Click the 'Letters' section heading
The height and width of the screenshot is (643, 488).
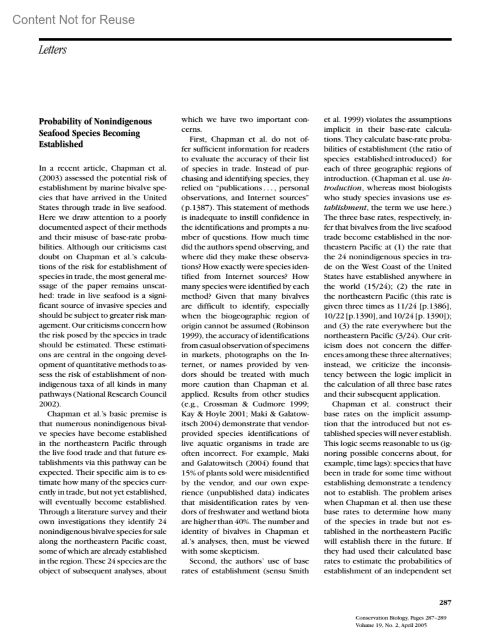pos(52,50)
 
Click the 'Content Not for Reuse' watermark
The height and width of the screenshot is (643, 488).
pos(73,20)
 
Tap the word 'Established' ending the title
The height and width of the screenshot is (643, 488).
pos(61,144)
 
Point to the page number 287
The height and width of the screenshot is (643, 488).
pos(445,602)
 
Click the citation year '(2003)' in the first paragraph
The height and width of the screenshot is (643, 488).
pos(50,178)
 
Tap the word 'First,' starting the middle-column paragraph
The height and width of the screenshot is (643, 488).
pos(199,139)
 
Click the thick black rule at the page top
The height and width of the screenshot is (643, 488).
pos(245,39)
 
